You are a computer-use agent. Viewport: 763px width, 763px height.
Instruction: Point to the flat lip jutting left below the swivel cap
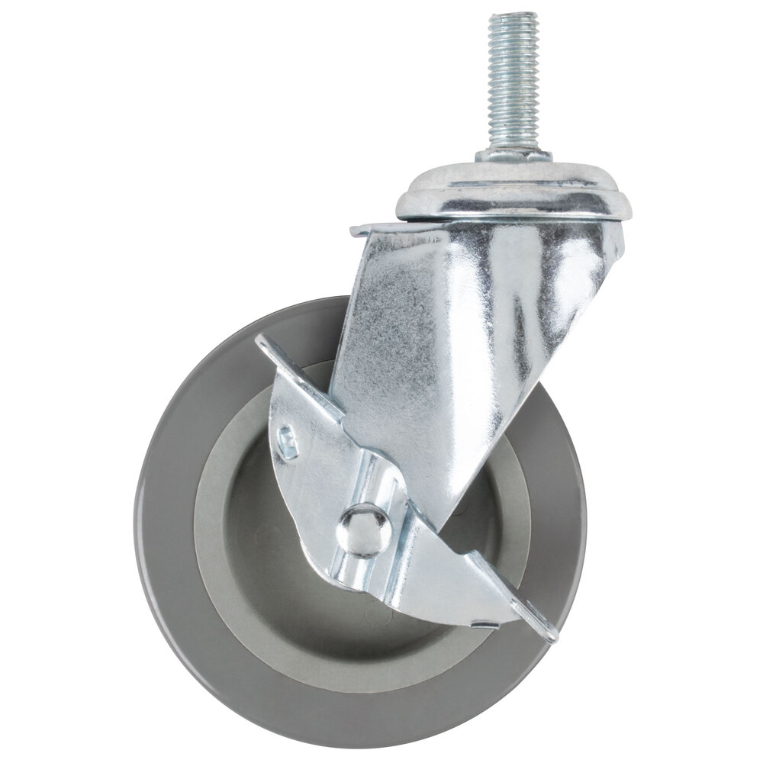tap(374, 229)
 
